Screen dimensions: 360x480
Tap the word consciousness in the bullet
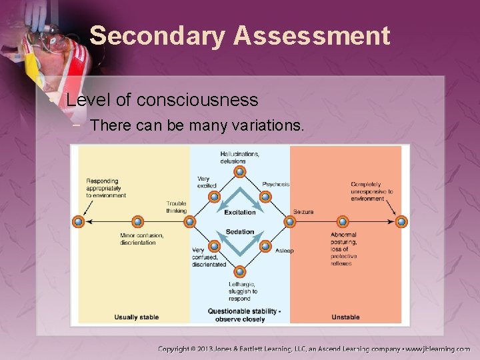point(197,100)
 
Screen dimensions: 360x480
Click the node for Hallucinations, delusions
point(239,171)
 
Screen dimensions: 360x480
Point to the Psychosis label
point(276,184)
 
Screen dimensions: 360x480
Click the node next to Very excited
point(214,197)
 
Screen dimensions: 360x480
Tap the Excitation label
point(239,212)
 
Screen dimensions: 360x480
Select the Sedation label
point(239,232)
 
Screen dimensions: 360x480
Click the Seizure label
point(303,212)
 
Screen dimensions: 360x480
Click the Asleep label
point(284,251)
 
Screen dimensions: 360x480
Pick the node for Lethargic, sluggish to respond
point(239,272)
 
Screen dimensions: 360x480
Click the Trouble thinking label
point(176,207)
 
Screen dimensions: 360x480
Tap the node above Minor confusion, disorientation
point(137,221)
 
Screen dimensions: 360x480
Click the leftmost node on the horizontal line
point(79,221)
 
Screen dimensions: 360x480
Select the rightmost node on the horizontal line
point(401,221)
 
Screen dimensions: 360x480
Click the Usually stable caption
point(136,317)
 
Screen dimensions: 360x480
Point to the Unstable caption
point(345,317)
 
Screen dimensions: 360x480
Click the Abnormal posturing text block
point(344,249)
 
